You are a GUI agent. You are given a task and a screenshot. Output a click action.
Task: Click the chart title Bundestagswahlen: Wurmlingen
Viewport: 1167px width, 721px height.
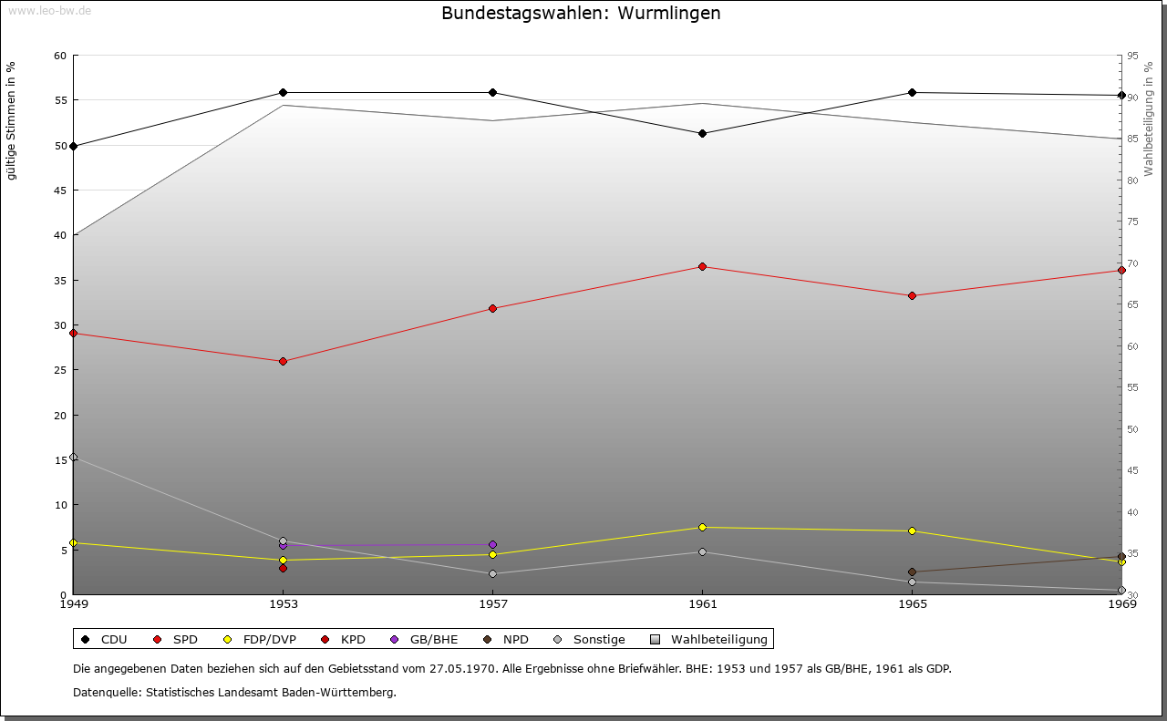click(581, 13)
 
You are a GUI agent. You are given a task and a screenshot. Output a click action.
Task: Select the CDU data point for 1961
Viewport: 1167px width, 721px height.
click(702, 133)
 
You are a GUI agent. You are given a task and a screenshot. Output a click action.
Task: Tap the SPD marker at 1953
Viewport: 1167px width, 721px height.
click(283, 361)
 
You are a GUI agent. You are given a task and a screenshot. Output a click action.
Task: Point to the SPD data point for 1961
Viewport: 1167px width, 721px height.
click(702, 266)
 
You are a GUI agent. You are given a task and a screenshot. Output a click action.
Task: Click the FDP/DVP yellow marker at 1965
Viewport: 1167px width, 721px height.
click(912, 530)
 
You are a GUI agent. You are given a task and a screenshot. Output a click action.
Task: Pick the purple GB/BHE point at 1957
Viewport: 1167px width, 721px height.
click(492, 545)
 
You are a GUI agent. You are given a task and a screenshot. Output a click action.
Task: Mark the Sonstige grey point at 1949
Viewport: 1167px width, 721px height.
click(74, 457)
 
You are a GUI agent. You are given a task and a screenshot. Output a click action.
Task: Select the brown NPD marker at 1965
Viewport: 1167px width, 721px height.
click(912, 572)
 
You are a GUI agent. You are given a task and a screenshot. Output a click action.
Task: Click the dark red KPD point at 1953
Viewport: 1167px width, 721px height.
click(283, 568)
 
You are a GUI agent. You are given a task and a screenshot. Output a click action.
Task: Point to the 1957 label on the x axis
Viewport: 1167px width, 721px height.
click(492, 603)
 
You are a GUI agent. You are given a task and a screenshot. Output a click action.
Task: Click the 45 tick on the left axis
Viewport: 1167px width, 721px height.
click(60, 190)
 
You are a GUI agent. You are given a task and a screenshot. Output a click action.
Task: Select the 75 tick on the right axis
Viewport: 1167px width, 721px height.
click(1132, 221)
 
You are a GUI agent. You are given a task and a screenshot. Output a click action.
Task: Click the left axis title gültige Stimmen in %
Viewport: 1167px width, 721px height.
click(12, 120)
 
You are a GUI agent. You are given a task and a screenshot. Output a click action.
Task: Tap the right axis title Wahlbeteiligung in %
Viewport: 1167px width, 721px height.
click(1149, 118)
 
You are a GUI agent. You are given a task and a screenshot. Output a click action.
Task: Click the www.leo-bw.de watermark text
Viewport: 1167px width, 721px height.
click(49, 10)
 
